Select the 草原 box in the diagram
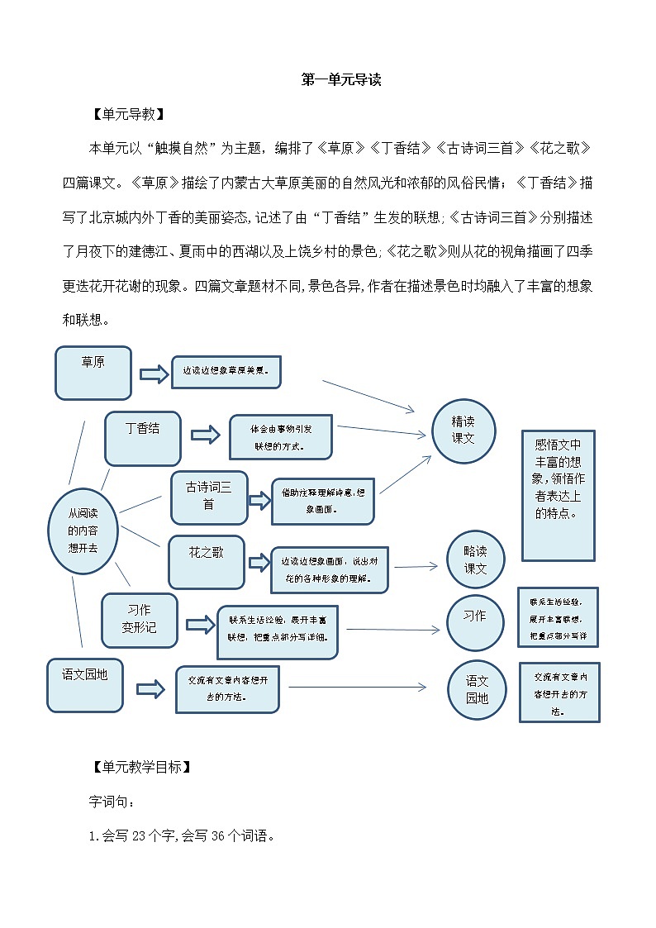[93, 372]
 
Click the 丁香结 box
[142, 437]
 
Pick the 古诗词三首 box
[209, 497]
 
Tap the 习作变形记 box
[140, 619]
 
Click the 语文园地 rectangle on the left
[84, 683]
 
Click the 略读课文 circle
[475, 559]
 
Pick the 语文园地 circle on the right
[477, 690]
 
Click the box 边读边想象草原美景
[226, 372]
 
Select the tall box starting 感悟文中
[559, 494]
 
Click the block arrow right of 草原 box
[153, 374]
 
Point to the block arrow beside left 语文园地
[150, 688]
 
